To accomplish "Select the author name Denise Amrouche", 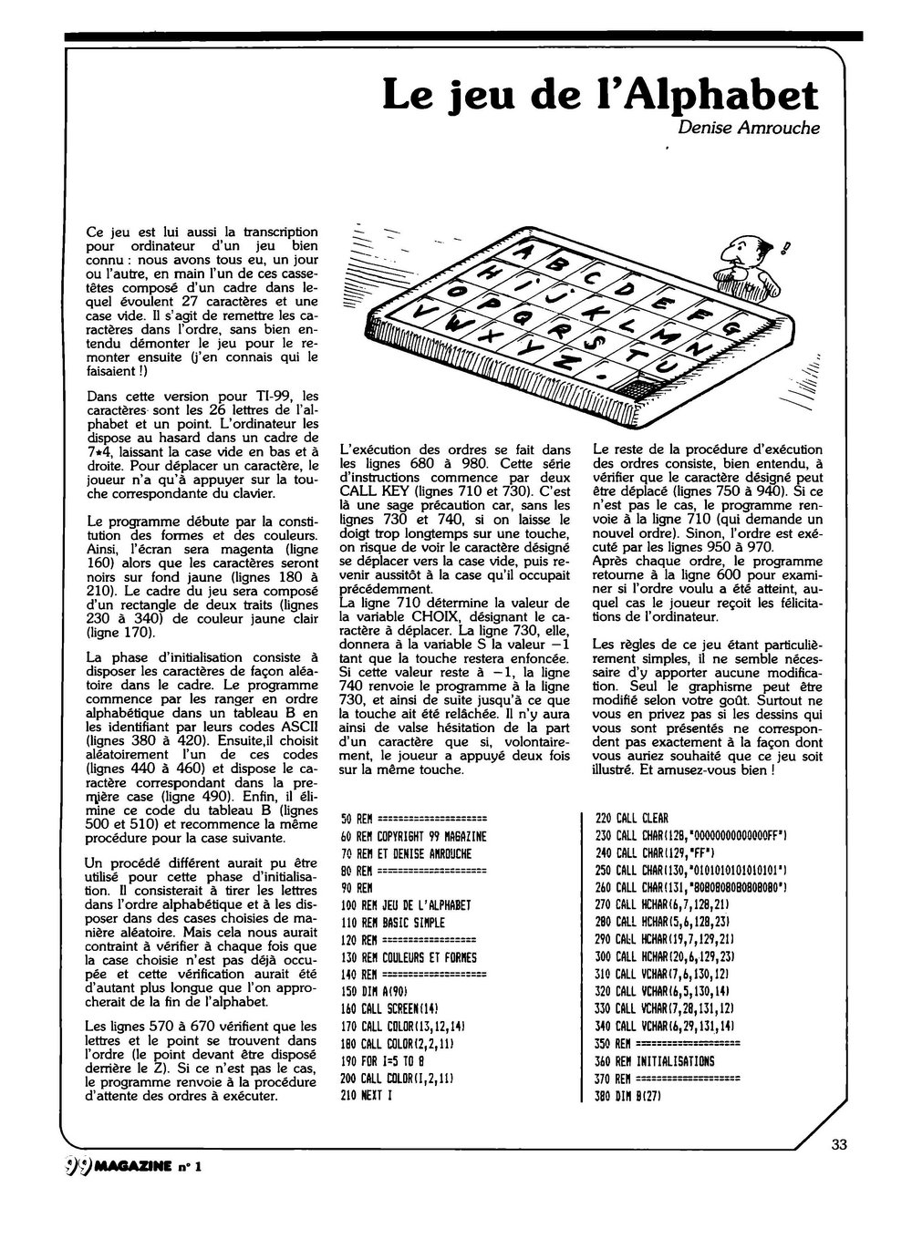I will [749, 127].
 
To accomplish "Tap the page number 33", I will [840, 1144].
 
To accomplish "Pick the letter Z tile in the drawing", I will [567, 358].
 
